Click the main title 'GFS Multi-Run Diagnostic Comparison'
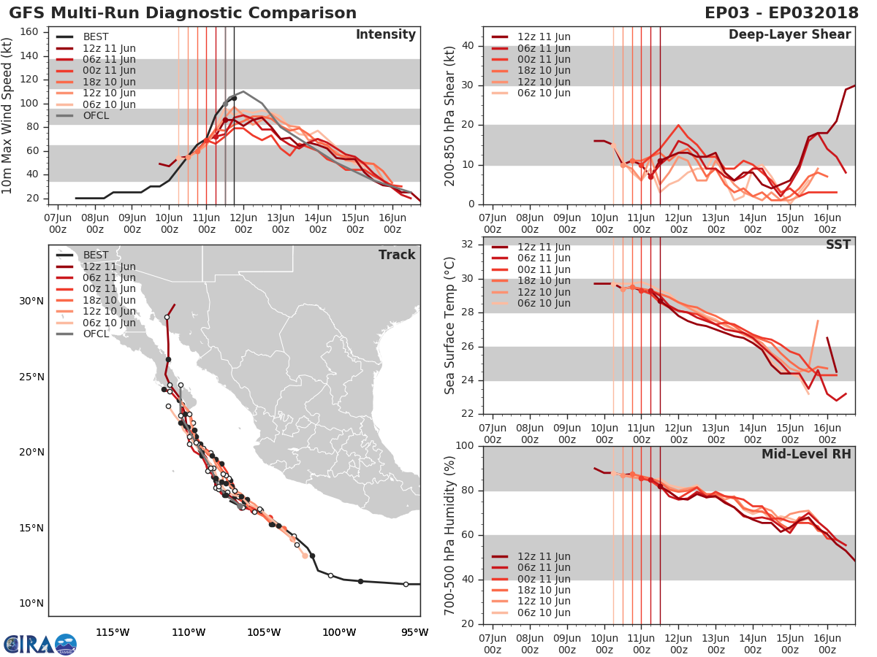[x=183, y=13]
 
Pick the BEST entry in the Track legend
[x=96, y=255]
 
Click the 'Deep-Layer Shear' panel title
[x=789, y=35]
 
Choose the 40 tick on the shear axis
[x=468, y=46]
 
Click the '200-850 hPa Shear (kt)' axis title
[x=450, y=115]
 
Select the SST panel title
[x=838, y=245]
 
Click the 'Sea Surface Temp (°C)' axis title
[x=450, y=326]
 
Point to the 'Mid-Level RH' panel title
[x=806, y=454]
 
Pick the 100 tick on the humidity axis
[x=466, y=445]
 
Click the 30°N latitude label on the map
[x=31, y=301]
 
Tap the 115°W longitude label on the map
[x=113, y=632]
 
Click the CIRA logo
[x=39, y=644]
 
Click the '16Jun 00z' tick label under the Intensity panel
[x=392, y=222]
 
